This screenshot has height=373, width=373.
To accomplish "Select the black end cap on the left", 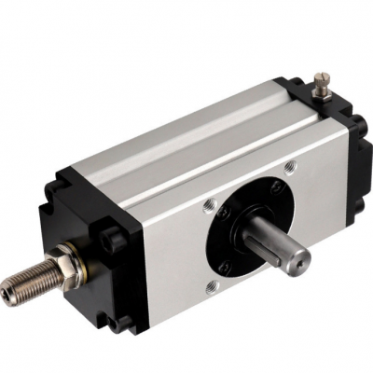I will tap(93, 233).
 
